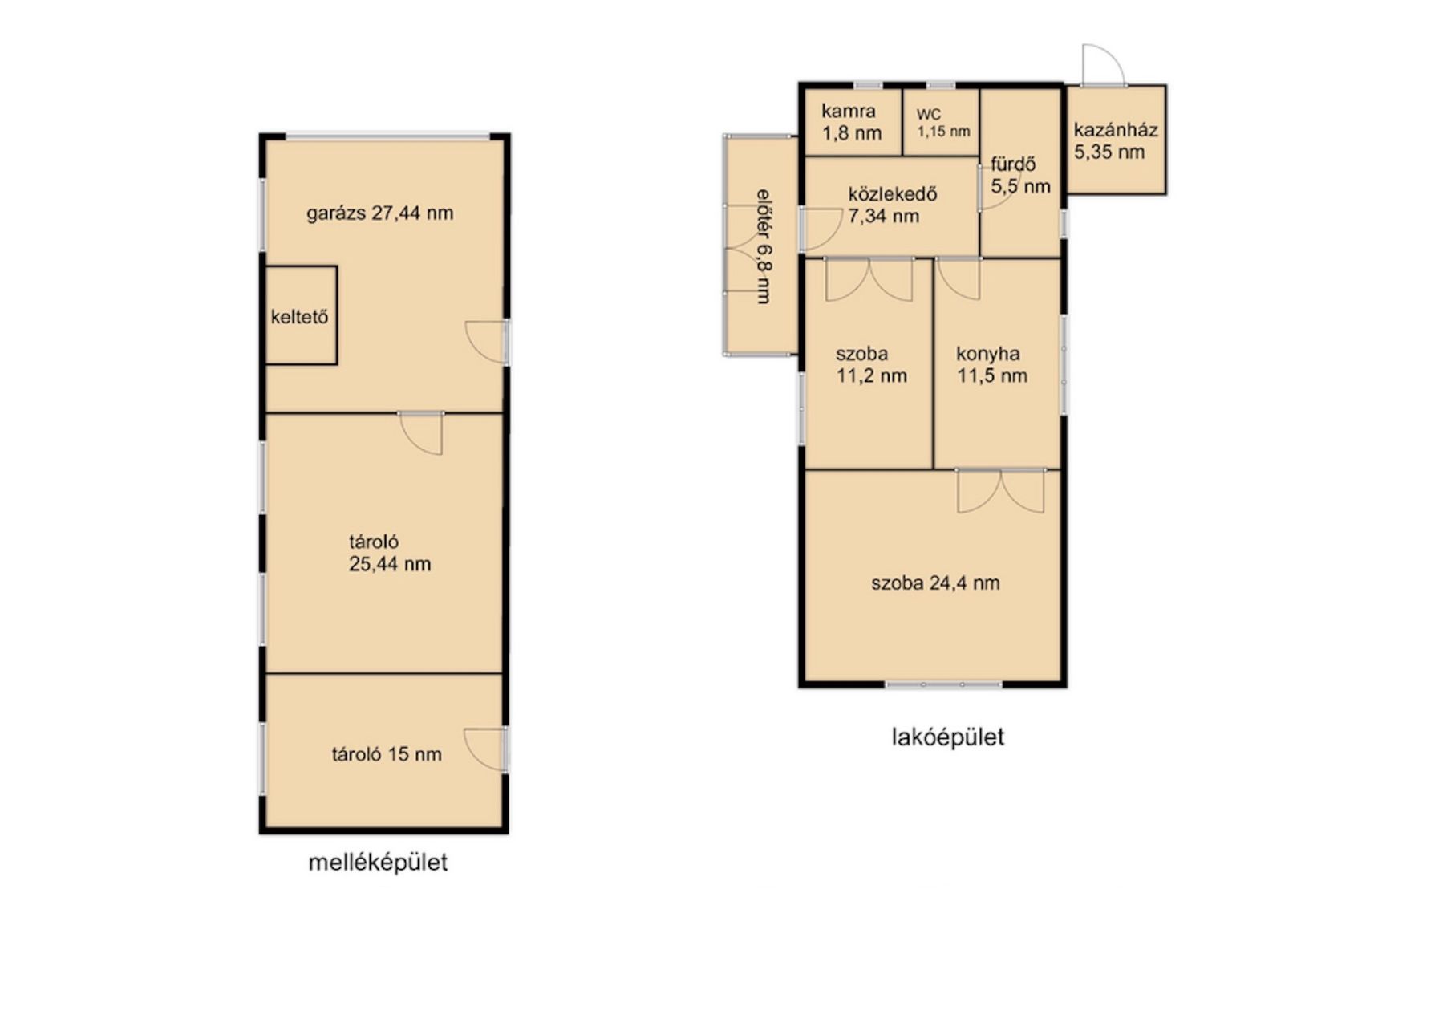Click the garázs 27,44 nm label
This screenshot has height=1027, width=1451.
(x=379, y=213)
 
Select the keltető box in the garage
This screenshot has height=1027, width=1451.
(x=301, y=315)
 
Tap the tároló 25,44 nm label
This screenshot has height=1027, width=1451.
(x=389, y=553)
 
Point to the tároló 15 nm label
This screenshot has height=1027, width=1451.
(x=387, y=754)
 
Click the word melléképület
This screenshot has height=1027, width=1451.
(x=379, y=863)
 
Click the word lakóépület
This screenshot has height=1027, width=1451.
(x=948, y=737)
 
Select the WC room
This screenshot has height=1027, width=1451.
(x=942, y=122)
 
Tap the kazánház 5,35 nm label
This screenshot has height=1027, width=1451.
(x=1116, y=140)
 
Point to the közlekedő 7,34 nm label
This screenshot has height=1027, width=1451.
(x=892, y=205)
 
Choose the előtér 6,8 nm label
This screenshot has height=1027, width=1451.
(x=764, y=246)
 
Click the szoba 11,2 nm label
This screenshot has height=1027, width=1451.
(x=871, y=364)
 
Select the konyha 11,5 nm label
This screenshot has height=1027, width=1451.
(x=991, y=364)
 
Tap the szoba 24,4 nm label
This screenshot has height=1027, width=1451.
(x=935, y=583)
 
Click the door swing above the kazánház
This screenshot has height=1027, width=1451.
(x=1102, y=64)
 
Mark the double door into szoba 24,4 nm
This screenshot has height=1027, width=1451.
(x=1001, y=490)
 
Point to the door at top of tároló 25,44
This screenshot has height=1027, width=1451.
(x=421, y=433)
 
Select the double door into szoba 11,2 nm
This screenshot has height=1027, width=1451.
(x=869, y=279)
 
